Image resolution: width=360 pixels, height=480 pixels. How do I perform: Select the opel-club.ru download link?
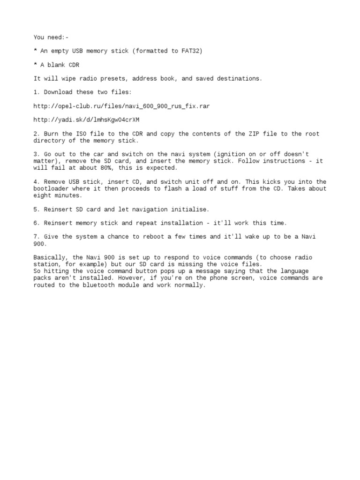(121, 106)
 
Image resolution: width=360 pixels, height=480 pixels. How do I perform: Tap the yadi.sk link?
(86, 120)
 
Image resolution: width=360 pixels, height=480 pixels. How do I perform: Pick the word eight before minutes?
(42, 195)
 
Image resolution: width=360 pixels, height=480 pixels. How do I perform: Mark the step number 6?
(36, 223)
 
